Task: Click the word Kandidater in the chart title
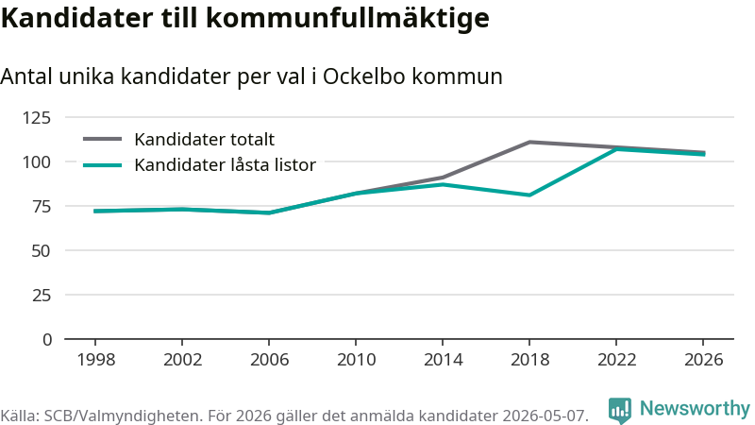click(x=77, y=18)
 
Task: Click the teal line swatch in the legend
click(x=103, y=165)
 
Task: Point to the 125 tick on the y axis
click(x=36, y=117)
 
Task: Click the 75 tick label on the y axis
click(x=41, y=206)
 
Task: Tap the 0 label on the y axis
click(x=46, y=340)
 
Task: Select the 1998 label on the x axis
click(x=96, y=360)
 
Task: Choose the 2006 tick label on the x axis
click(x=269, y=360)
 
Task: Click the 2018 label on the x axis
click(x=529, y=360)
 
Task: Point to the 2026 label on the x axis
click(x=703, y=360)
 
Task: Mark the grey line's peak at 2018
click(x=529, y=143)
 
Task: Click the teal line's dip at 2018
click(x=529, y=195)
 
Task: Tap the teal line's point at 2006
click(x=269, y=213)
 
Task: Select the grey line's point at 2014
click(x=443, y=178)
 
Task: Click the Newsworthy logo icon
click(x=620, y=410)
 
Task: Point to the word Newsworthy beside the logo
click(x=695, y=408)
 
